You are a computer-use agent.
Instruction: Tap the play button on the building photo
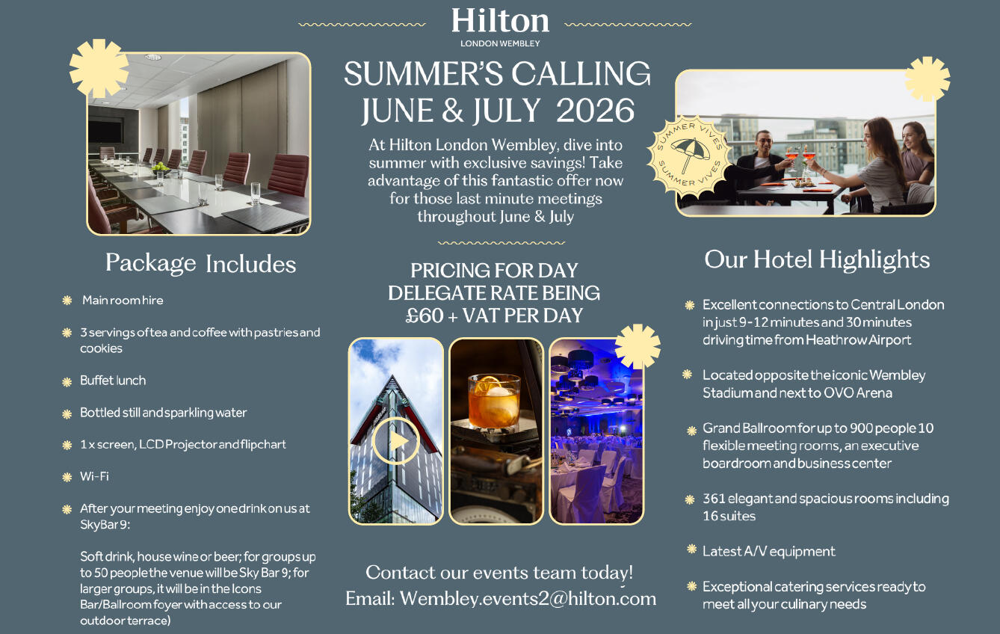point(395,440)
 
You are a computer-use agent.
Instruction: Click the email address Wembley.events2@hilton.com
point(528,599)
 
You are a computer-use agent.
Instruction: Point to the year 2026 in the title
point(595,111)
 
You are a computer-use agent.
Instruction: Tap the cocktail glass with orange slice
point(494,401)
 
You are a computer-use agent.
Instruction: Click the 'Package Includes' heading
point(201,263)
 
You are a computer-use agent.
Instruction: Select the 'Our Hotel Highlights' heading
point(817,259)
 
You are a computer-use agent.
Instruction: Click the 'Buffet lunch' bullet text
point(113,381)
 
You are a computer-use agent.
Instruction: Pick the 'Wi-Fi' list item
point(94,476)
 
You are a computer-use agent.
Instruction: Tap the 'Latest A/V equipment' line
point(769,552)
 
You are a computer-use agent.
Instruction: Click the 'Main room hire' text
point(123,300)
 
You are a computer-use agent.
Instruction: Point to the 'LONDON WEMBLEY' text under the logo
point(500,43)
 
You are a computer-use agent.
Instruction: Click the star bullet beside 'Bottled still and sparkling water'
point(67,414)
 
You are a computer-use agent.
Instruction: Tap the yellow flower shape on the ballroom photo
point(638,346)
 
